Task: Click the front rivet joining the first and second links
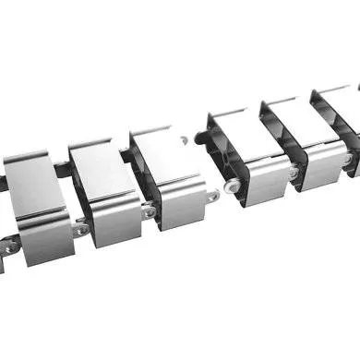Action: (81, 228)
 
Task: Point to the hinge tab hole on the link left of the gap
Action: (213, 196)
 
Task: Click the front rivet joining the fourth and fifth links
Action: (293, 172)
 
